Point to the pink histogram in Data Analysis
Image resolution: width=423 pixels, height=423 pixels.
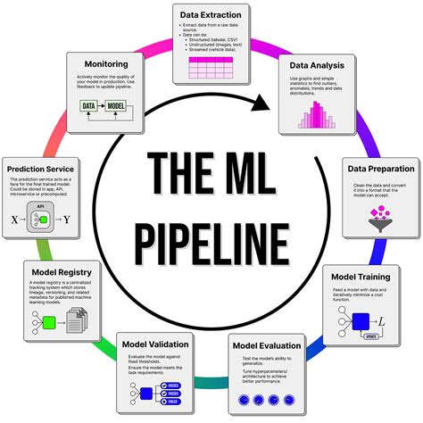[x=319, y=114]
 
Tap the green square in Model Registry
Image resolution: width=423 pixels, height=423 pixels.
[x=49, y=321]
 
